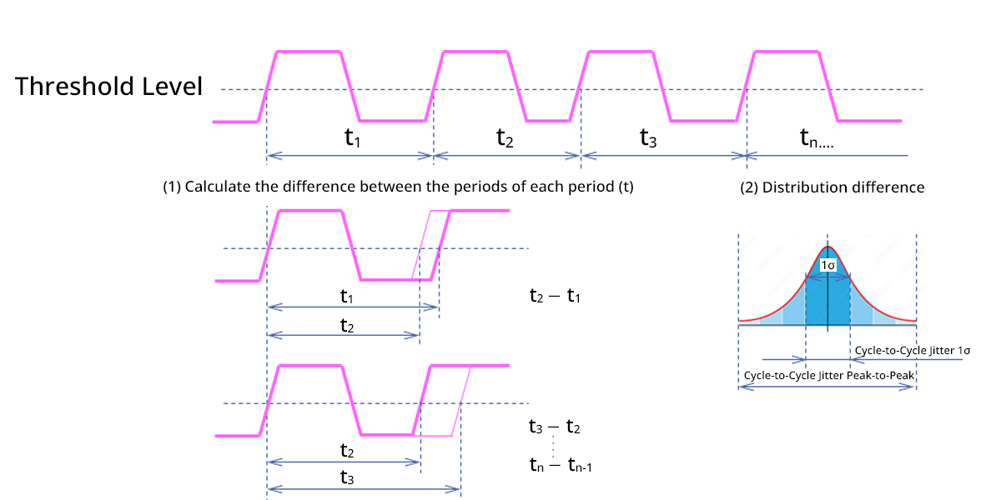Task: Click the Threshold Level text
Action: point(108,87)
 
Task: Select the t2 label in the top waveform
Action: point(505,137)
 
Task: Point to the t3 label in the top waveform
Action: point(648,137)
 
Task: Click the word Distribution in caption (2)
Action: point(804,187)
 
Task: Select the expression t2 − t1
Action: point(555,294)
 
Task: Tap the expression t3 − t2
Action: point(555,427)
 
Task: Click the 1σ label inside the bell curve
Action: point(827,265)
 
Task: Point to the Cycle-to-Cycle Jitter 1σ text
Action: point(912,351)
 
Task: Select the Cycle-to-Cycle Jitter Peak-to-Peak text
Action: point(829,376)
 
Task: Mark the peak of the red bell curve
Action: point(827,247)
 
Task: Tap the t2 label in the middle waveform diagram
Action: point(349,326)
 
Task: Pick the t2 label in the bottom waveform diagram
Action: point(349,450)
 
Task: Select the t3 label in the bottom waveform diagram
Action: point(349,478)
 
